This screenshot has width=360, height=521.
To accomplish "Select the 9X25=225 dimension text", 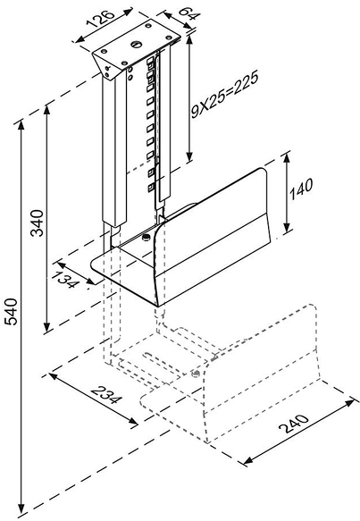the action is click(225, 96).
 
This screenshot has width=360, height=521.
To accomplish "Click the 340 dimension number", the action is click(38, 223).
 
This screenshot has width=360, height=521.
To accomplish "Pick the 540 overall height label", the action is click(12, 312).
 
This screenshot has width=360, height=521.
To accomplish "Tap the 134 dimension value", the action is click(69, 280).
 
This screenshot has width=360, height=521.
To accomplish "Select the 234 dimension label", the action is click(106, 395).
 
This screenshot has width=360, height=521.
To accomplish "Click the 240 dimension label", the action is click(294, 424).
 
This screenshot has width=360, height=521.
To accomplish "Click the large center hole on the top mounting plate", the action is click(136, 44).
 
